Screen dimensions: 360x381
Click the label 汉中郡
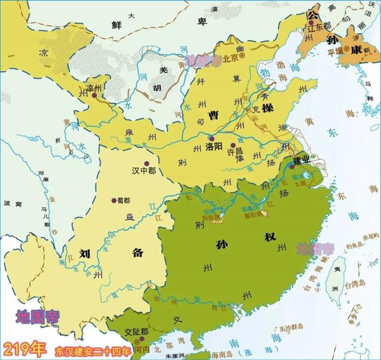(145, 170)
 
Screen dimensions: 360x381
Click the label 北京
(230, 58)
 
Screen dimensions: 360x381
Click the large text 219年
(25, 347)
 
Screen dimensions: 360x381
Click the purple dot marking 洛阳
(211, 137)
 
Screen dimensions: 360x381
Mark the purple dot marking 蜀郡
(113, 201)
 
